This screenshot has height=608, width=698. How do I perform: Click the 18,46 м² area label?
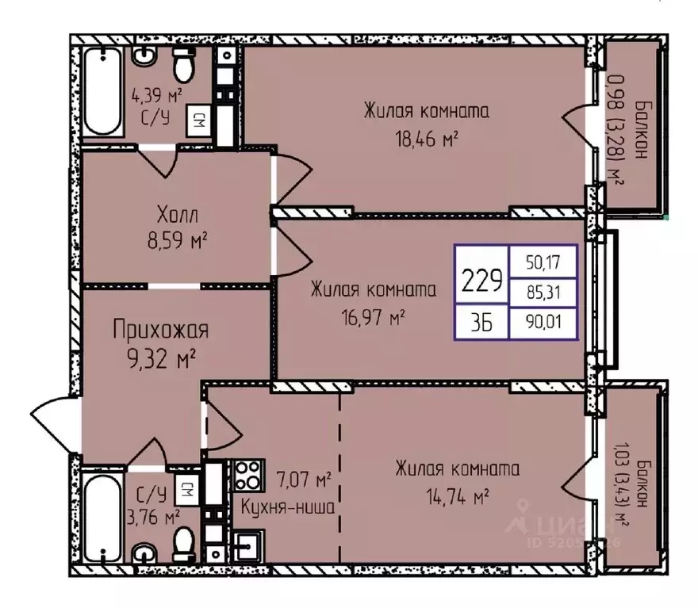click(427, 140)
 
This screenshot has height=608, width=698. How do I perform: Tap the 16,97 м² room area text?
click(373, 318)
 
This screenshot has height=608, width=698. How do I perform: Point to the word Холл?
click(177, 216)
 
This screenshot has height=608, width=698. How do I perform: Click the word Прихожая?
click(161, 330)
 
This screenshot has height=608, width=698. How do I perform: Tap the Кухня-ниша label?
click(288, 507)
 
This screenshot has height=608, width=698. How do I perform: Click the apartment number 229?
click(481, 280)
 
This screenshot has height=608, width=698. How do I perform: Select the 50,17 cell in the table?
click(543, 262)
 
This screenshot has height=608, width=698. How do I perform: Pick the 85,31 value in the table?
click(543, 293)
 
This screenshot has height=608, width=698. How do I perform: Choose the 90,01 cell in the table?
click(543, 322)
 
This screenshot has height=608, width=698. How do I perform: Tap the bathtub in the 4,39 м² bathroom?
click(103, 92)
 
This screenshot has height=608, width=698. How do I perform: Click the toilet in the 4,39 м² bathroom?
click(184, 64)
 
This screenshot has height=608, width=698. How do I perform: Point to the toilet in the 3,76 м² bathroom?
click(183, 545)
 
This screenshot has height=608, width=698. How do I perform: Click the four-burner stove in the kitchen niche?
click(247, 476)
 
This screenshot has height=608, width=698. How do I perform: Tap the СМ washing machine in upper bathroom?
click(199, 120)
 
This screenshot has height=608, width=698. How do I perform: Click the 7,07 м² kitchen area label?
click(304, 480)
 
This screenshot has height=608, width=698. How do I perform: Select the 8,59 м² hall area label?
click(178, 242)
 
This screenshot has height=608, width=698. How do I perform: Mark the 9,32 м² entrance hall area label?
click(162, 359)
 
